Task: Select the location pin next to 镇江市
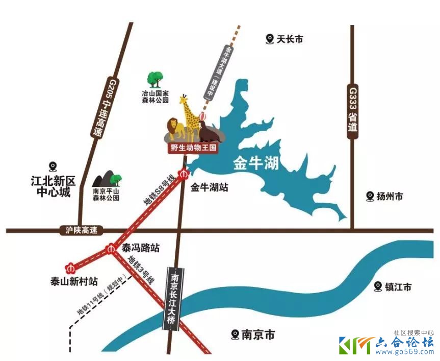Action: tap(377, 286)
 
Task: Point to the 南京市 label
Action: tap(258, 335)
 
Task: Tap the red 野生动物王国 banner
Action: tap(194, 149)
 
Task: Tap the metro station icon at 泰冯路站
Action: tap(111, 249)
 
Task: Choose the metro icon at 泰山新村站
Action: tap(70, 268)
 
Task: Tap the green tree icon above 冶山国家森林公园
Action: tap(155, 80)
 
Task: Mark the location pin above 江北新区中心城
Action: tap(52, 166)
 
